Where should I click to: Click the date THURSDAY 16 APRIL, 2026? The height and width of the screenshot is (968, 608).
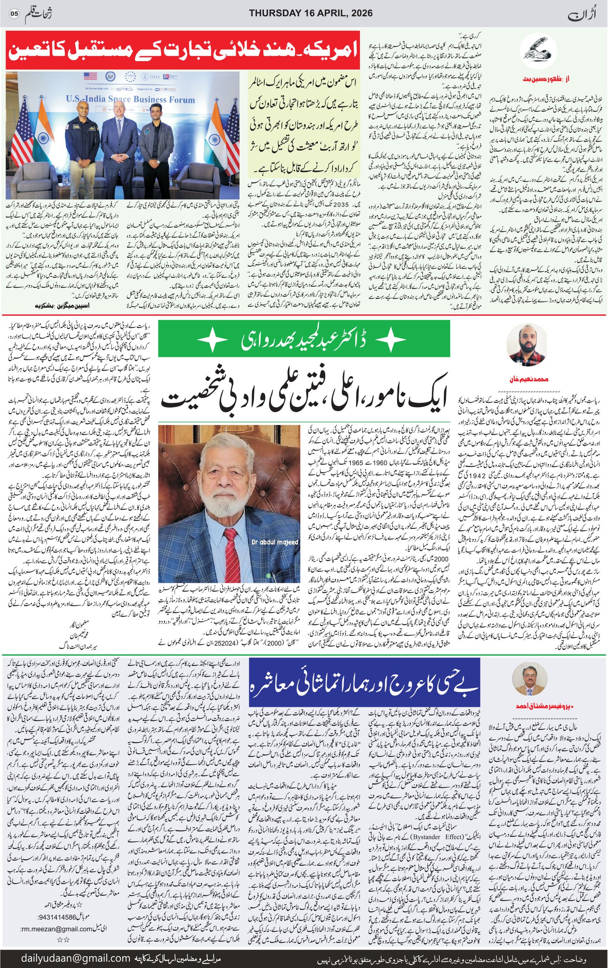tap(310, 13)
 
